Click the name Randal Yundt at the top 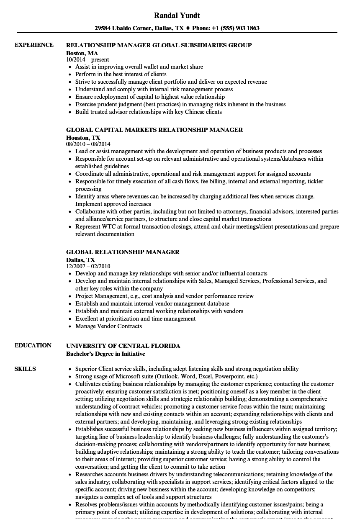click(x=177, y=15)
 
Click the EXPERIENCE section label click(x=34, y=45)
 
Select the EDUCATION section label click(x=33, y=345)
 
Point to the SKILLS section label click(x=25, y=369)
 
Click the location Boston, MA click(x=82, y=53)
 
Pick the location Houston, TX click(x=83, y=138)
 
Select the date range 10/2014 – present click(x=87, y=60)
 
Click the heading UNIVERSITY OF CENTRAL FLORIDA click(x=123, y=346)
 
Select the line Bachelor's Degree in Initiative click(x=105, y=354)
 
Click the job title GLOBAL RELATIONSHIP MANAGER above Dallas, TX click(x=123, y=252)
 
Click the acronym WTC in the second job click(x=108, y=226)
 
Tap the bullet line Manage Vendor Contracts click(x=108, y=326)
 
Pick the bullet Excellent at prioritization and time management click(x=135, y=319)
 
